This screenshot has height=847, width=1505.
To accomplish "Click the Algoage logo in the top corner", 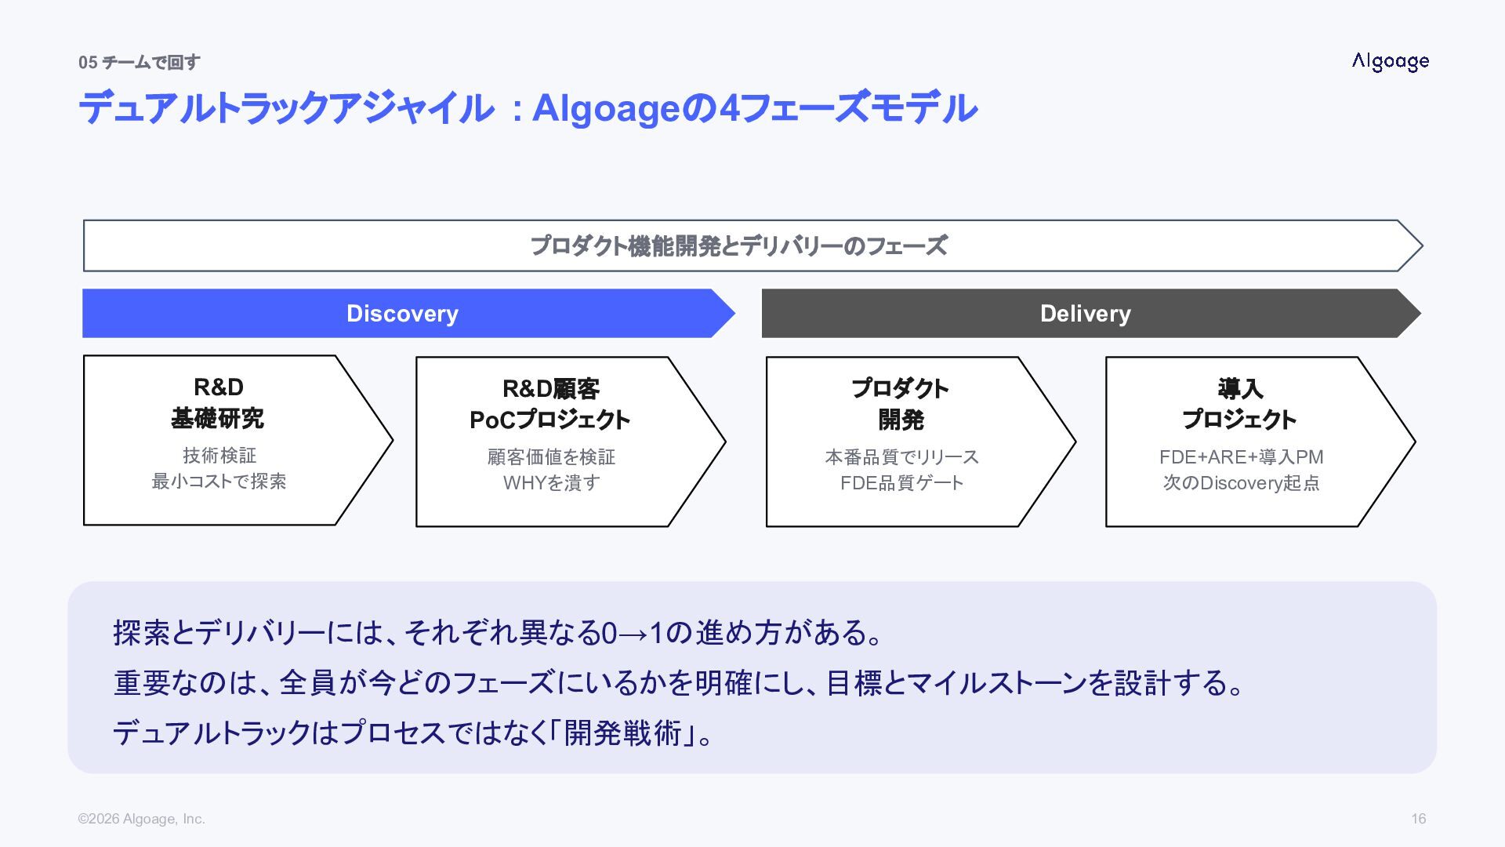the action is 1390,62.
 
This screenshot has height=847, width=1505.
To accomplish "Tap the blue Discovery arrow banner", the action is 402,314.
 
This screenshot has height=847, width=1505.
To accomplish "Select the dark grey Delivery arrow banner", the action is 1085,314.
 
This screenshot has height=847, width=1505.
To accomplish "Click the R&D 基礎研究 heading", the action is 218,403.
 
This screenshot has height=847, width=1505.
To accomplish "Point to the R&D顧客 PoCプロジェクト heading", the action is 549,405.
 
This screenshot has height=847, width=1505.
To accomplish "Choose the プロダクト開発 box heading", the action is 901,405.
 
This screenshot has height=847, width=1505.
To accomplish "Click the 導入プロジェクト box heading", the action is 1239,405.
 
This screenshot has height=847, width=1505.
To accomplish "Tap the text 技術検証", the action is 219,456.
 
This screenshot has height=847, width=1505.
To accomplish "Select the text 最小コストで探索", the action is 219,482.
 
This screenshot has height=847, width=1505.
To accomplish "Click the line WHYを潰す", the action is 551,483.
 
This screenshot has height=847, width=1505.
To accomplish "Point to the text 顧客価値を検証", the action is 551,457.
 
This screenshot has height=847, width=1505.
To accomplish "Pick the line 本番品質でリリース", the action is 901,457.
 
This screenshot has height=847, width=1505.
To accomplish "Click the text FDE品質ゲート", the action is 901,483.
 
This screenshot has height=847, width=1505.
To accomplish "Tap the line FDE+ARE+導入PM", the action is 1241,457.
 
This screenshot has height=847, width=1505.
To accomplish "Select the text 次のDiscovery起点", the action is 1241,483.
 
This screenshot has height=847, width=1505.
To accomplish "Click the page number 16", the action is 1418,819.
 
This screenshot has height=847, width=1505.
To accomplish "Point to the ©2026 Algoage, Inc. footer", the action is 141,819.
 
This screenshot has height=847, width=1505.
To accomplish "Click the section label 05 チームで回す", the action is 139,63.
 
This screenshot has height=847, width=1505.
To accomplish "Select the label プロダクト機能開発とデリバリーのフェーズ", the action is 738,246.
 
